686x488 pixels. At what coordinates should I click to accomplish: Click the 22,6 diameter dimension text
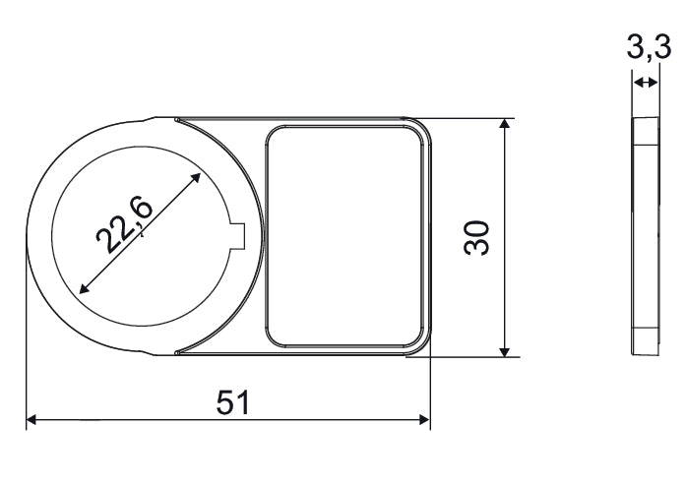(x=124, y=224)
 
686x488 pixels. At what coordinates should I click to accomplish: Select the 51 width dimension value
(x=232, y=401)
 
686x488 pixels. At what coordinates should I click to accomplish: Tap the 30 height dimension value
(x=477, y=237)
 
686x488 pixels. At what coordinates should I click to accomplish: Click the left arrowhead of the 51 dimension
(x=31, y=420)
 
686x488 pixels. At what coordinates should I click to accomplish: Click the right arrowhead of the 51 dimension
(x=424, y=420)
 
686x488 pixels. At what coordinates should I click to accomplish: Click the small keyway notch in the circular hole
(x=237, y=233)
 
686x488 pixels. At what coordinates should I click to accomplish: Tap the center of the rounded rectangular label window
(x=346, y=236)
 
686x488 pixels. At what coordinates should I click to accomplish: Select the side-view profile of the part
(x=646, y=236)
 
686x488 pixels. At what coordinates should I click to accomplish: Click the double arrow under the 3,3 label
(x=646, y=84)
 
